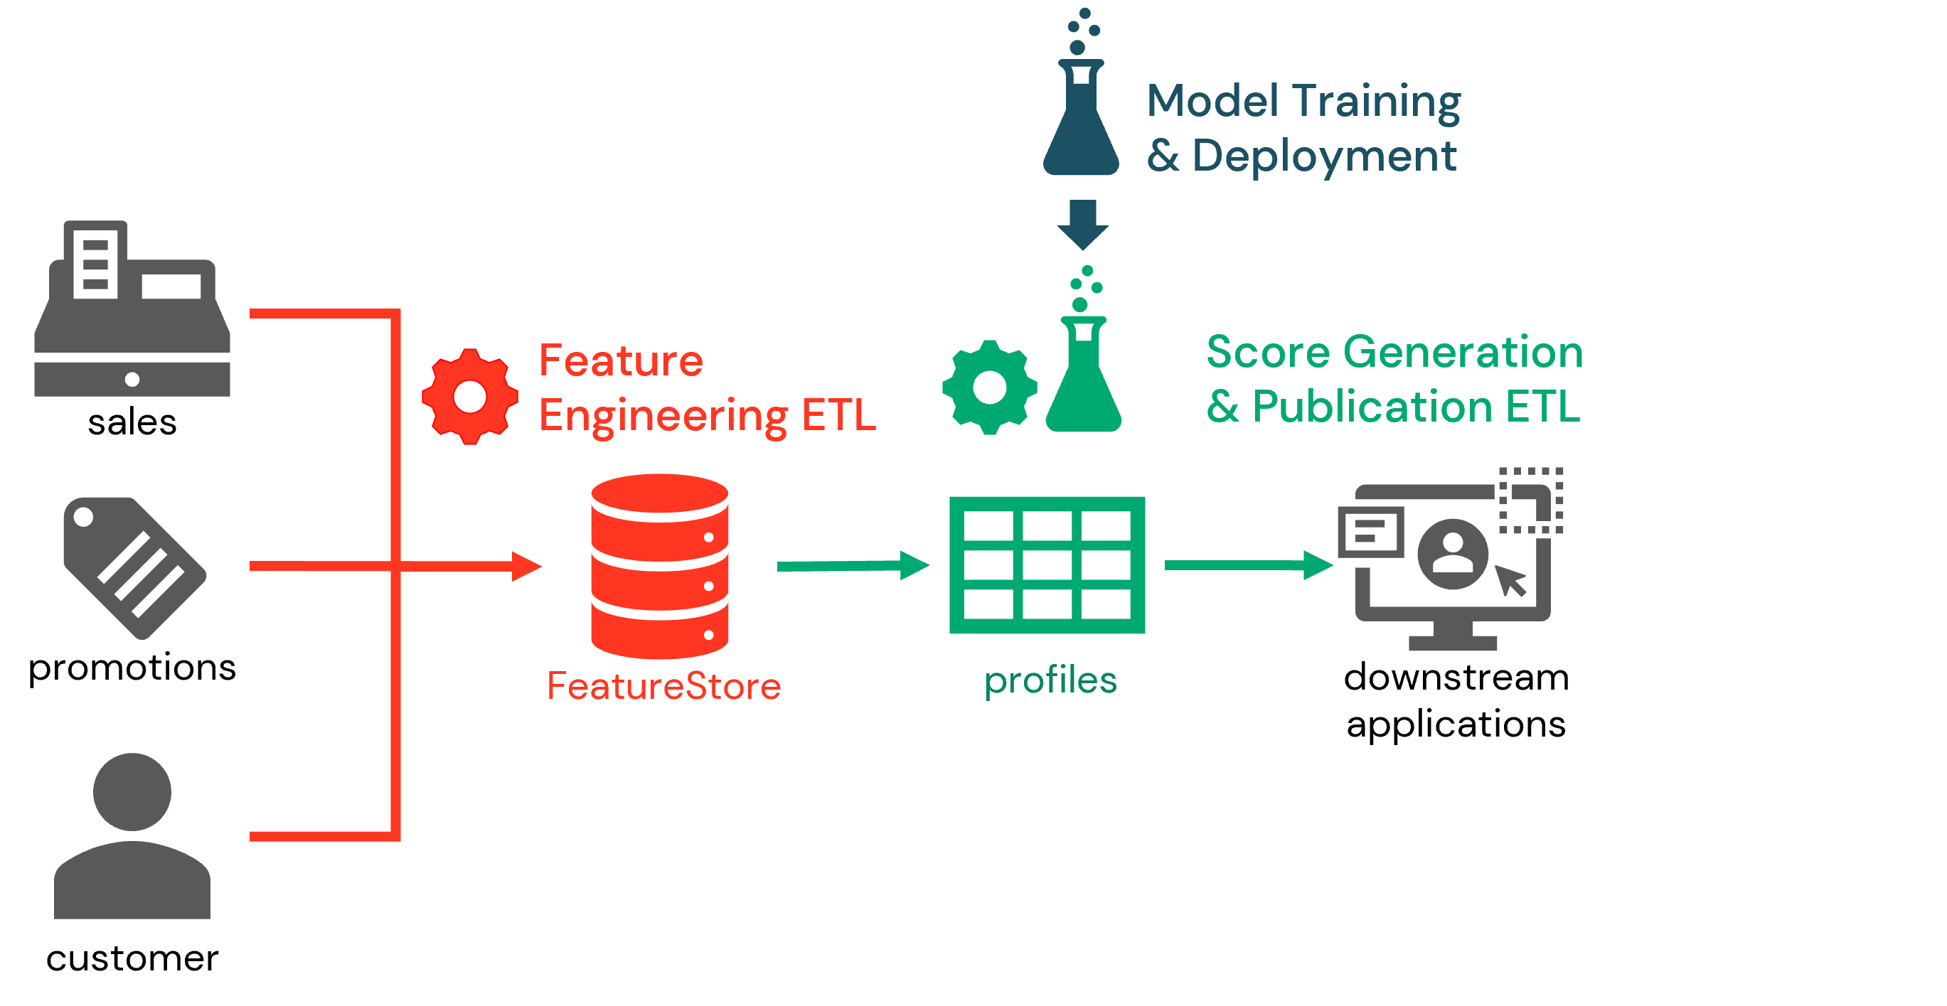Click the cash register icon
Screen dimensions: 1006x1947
pos(132,310)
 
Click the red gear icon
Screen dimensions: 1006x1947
pos(469,396)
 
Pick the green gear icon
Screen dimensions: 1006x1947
pos(989,387)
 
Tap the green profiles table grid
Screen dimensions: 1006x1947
pos(1047,564)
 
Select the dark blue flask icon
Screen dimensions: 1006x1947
pos(1081,121)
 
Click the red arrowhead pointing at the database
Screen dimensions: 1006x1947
pos(526,566)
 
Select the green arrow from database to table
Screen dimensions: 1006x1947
pos(853,565)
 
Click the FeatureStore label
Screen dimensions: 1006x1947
pos(663,686)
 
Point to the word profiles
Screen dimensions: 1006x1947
pos(1050,680)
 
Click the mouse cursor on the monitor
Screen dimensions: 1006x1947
pos(1512,580)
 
